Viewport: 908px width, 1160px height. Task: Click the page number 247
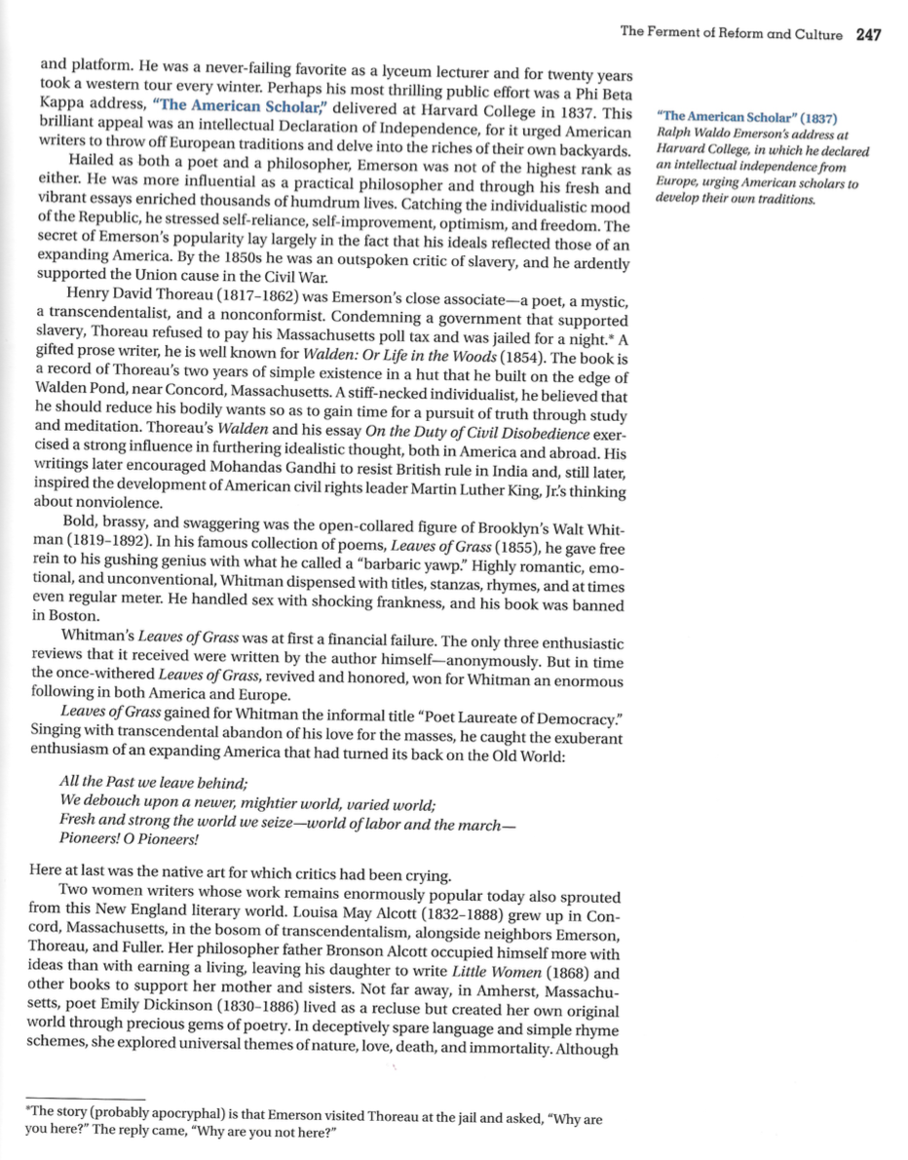pyautogui.click(x=868, y=34)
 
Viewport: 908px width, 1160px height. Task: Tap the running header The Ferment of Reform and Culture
pyautogui.click(x=731, y=34)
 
